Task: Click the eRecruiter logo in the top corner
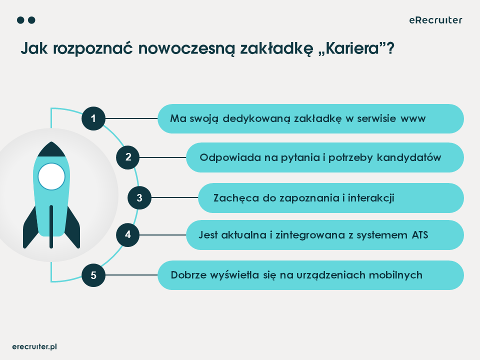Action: (x=435, y=20)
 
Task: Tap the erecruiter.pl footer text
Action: (x=34, y=346)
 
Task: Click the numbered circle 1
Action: (x=93, y=118)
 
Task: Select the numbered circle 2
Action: (x=128, y=157)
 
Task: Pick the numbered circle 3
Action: (x=139, y=197)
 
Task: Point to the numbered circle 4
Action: (x=128, y=234)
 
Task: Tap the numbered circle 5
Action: (x=93, y=274)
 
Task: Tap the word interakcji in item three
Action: (x=370, y=197)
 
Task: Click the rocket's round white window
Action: (x=51, y=176)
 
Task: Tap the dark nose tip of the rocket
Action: (x=51, y=148)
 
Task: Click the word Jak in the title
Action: (x=31, y=49)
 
